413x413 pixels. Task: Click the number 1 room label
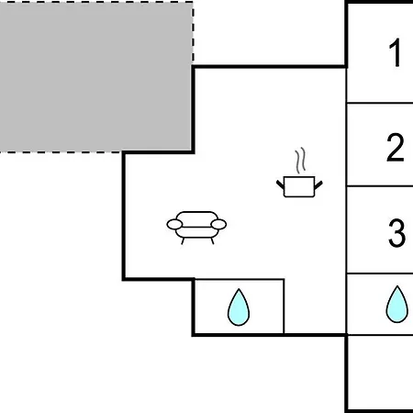click(x=396, y=52)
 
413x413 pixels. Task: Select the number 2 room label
click(x=396, y=147)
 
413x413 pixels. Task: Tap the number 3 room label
click(x=396, y=233)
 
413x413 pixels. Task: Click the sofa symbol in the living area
click(x=196, y=228)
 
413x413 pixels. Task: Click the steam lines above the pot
click(x=300, y=161)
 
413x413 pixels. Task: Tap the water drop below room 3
click(x=396, y=305)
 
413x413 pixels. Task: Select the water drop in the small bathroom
click(x=239, y=307)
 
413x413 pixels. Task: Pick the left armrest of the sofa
click(x=174, y=224)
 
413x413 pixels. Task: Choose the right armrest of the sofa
click(x=218, y=224)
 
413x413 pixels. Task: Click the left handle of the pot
click(x=280, y=184)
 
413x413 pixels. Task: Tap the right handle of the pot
click(x=318, y=184)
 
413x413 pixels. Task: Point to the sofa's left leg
click(x=183, y=241)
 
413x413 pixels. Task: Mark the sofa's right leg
click(x=212, y=241)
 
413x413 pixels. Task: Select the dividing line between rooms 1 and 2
click(x=380, y=103)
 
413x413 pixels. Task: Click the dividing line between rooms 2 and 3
click(x=380, y=185)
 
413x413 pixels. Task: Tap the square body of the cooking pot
click(x=299, y=187)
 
